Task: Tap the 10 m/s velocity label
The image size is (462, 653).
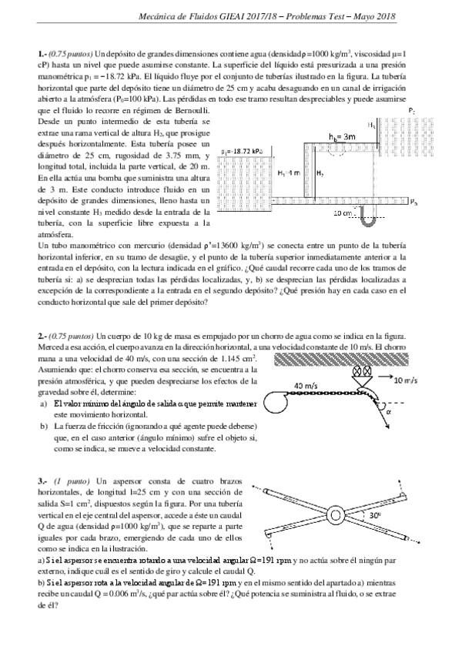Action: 406,381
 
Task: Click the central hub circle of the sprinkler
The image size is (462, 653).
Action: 336,514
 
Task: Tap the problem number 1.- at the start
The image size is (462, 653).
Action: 42,53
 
